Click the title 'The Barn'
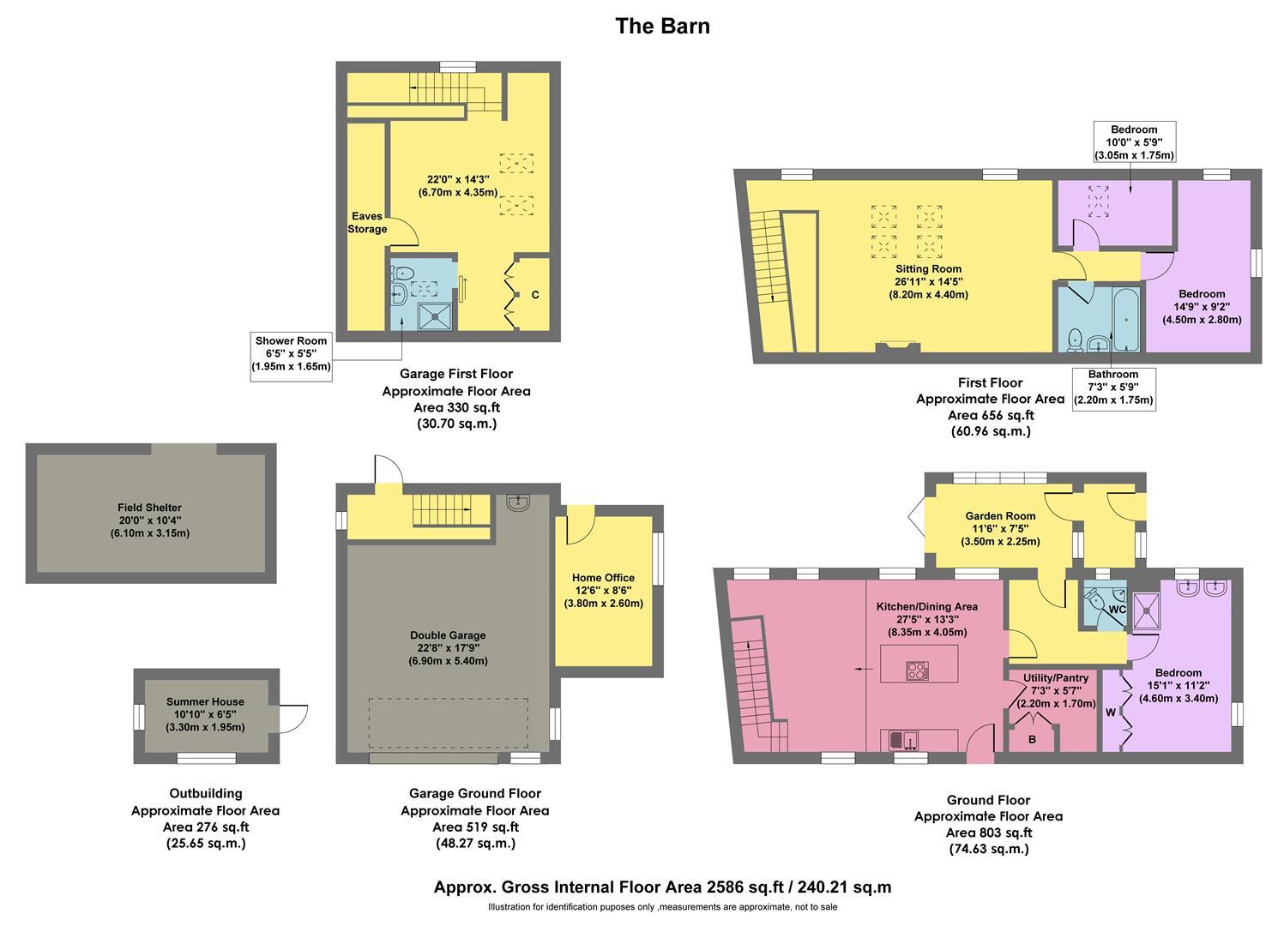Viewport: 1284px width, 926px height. click(662, 26)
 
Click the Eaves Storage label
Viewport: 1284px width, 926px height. click(367, 223)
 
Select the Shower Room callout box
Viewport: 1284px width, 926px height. click(291, 353)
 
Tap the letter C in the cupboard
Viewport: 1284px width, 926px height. click(535, 295)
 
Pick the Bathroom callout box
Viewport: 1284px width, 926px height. click(1112, 388)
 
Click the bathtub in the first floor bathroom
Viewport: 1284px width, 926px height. click(1124, 319)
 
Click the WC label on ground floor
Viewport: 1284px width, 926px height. click(1118, 610)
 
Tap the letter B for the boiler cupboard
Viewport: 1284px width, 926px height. click(1033, 739)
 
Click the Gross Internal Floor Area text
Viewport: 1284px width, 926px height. click(662, 887)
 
